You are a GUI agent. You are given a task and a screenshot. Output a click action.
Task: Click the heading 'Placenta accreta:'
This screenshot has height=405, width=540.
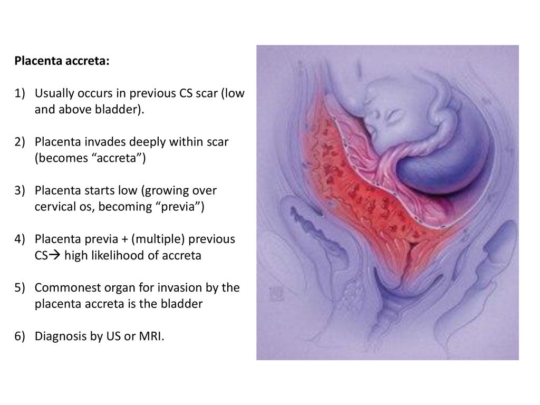pos(62,61)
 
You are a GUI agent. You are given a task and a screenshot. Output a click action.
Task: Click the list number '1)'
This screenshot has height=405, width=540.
pos(20,93)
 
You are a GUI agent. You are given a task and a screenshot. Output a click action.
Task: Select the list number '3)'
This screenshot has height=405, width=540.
pos(20,190)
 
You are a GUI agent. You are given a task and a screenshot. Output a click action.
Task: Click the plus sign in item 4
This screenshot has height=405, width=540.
pos(124,239)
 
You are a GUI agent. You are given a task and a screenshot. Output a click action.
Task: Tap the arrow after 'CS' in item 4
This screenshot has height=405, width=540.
pos(54,255)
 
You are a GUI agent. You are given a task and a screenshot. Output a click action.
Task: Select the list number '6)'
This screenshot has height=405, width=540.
pos(20,336)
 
